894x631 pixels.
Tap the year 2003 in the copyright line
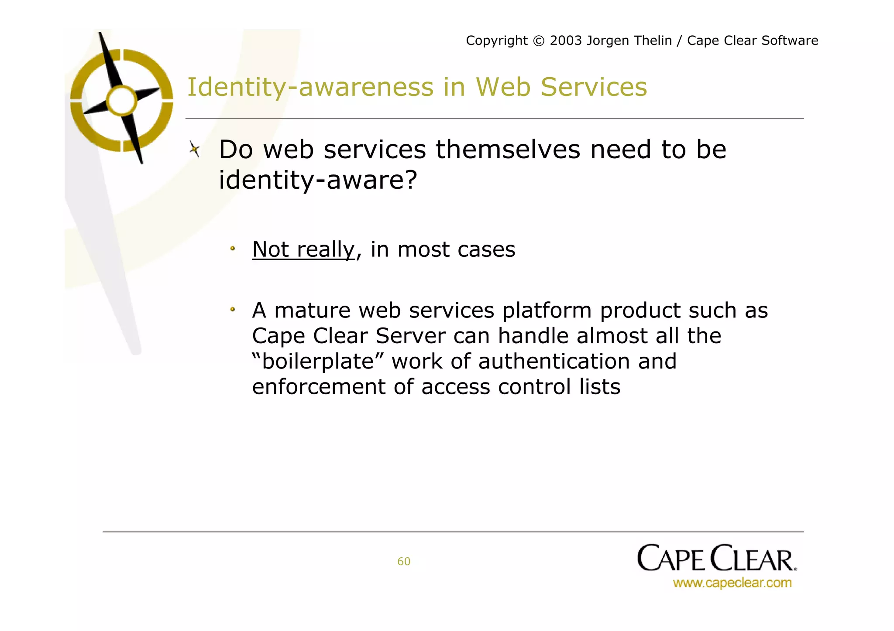coord(566,41)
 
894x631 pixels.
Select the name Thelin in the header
coord(652,41)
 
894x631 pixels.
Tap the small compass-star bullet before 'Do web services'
coord(195,150)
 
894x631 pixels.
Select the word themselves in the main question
coord(508,150)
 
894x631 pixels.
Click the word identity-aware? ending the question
coord(318,180)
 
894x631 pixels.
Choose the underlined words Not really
coord(303,249)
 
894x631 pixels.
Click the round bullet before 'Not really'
coord(233,249)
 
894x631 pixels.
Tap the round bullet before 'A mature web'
coord(233,310)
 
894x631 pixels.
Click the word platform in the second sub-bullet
coord(547,310)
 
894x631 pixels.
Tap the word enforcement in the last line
coord(319,387)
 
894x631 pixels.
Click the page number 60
coord(404,562)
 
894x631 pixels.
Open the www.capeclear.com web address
coord(732,583)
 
